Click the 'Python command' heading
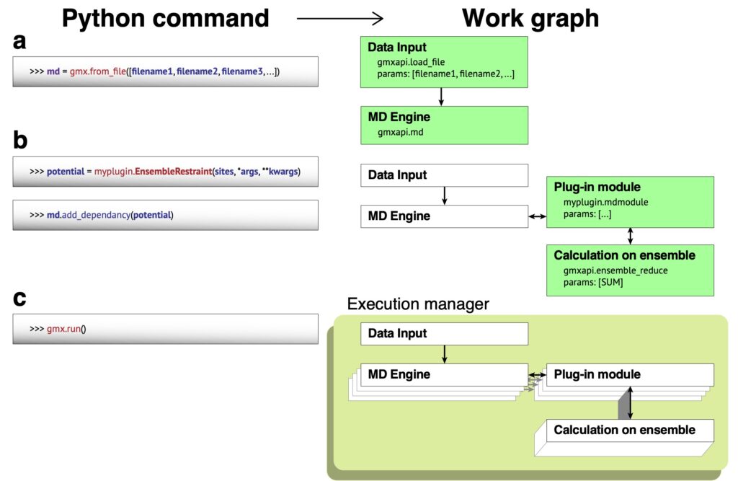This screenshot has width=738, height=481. click(x=165, y=19)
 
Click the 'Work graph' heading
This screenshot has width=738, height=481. click(x=530, y=19)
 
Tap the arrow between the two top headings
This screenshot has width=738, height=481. click(x=340, y=18)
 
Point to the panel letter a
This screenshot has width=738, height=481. click(x=19, y=41)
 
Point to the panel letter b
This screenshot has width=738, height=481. click(x=20, y=140)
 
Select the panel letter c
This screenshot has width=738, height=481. click(x=19, y=299)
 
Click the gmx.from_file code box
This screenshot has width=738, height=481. click(x=165, y=71)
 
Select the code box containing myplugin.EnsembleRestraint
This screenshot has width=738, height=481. click(x=165, y=172)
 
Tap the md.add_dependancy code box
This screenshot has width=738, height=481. click(x=165, y=215)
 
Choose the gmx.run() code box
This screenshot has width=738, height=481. click(x=165, y=329)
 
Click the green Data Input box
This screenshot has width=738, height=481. click(x=444, y=62)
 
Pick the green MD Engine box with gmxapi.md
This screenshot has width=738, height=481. click(x=444, y=125)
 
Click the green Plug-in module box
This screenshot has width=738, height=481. click(x=630, y=202)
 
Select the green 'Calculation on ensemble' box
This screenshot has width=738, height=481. click(x=630, y=270)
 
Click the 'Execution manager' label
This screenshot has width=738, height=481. click(x=418, y=304)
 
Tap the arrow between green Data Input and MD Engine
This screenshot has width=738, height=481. click(x=441, y=97)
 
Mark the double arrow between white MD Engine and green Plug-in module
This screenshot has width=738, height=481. click(x=537, y=217)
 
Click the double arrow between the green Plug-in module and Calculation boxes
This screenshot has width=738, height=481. click(x=630, y=236)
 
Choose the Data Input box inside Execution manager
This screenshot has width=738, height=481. click(x=444, y=334)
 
